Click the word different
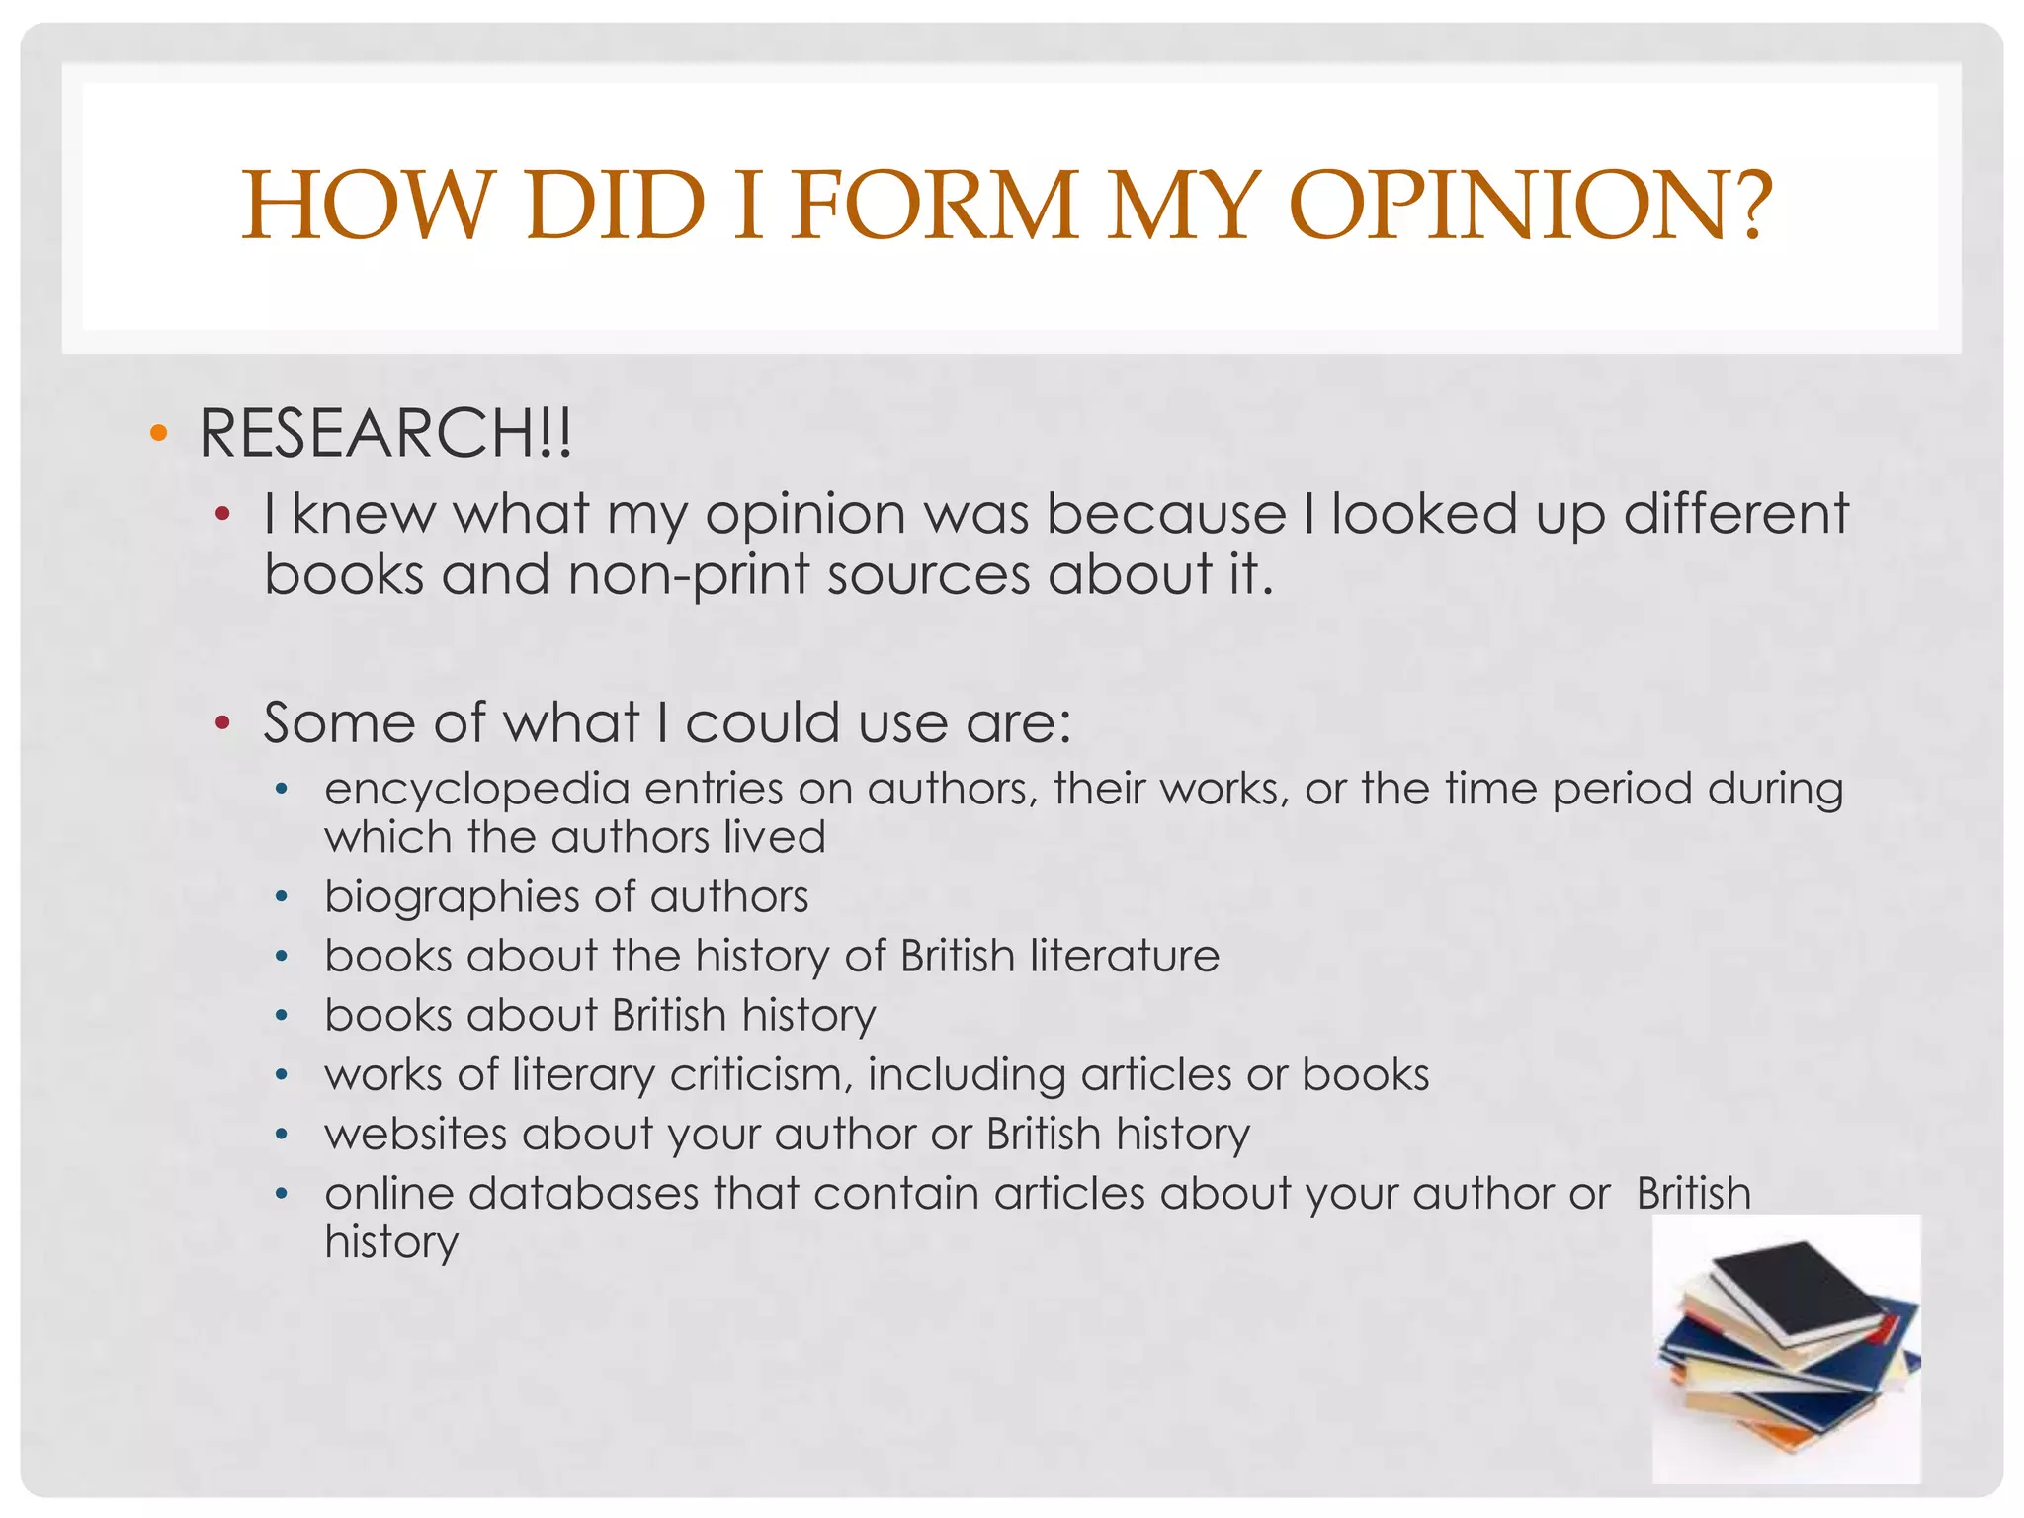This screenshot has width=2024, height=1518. [x=1735, y=514]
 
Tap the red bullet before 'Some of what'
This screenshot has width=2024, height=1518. [x=222, y=723]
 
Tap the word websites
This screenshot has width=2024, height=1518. [x=415, y=1134]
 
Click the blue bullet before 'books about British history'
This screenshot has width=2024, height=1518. [x=282, y=1016]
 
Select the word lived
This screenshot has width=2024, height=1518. [x=774, y=837]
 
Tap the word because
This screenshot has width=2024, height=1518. [x=1166, y=514]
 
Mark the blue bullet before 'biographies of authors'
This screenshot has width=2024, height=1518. [x=282, y=897]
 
